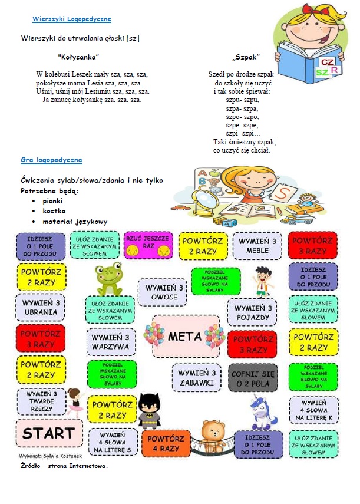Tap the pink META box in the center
click(185, 337)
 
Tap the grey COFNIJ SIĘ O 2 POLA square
click(252, 378)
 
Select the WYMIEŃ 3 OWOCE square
click(163, 292)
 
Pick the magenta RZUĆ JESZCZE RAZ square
click(148, 245)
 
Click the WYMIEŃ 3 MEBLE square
click(257, 245)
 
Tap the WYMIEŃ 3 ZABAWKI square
click(196, 378)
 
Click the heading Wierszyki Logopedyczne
click(71, 19)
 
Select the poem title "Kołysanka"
click(78, 57)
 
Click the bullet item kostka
click(54, 210)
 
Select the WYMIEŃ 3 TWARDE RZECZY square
click(41, 401)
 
